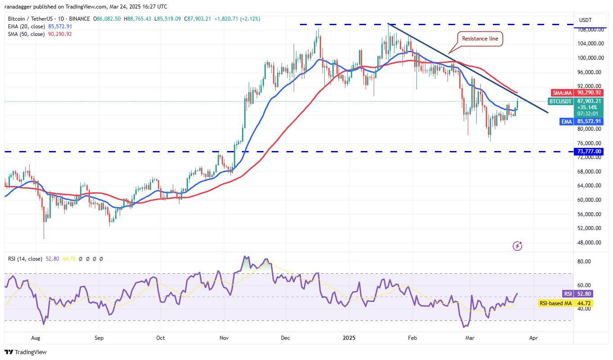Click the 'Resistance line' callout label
pyautogui.click(x=480, y=39)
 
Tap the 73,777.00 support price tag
pyautogui.click(x=589, y=151)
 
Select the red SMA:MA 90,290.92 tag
pyautogui.click(x=577, y=92)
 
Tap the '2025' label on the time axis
pyautogui.click(x=348, y=337)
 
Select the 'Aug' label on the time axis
pyautogui.click(x=36, y=337)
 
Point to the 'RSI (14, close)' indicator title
pyautogui.click(x=25, y=259)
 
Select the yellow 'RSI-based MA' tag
pyautogui.click(x=565, y=303)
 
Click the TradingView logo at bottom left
pyautogui.click(x=26, y=352)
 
